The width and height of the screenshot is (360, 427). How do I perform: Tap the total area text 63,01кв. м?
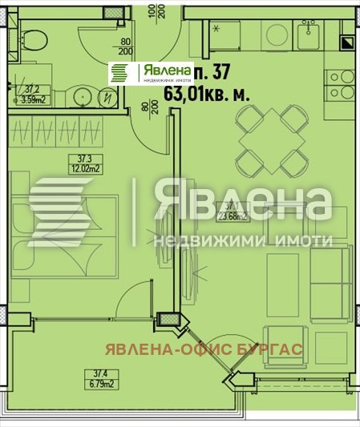[x=206, y=93]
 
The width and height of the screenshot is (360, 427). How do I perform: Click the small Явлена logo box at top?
[x=152, y=72]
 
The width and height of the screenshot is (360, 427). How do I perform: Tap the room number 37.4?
[x=98, y=372]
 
